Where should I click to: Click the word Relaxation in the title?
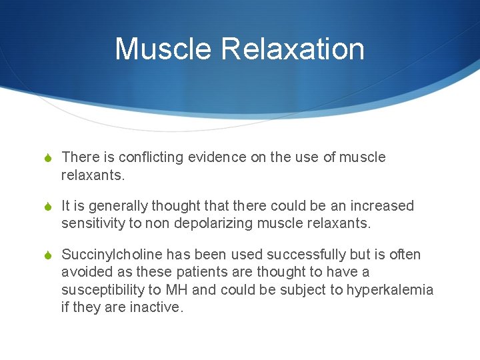[x=293, y=49]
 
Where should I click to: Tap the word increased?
[x=381, y=206]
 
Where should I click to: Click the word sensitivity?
[x=93, y=223]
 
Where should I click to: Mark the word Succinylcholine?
[x=111, y=255]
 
